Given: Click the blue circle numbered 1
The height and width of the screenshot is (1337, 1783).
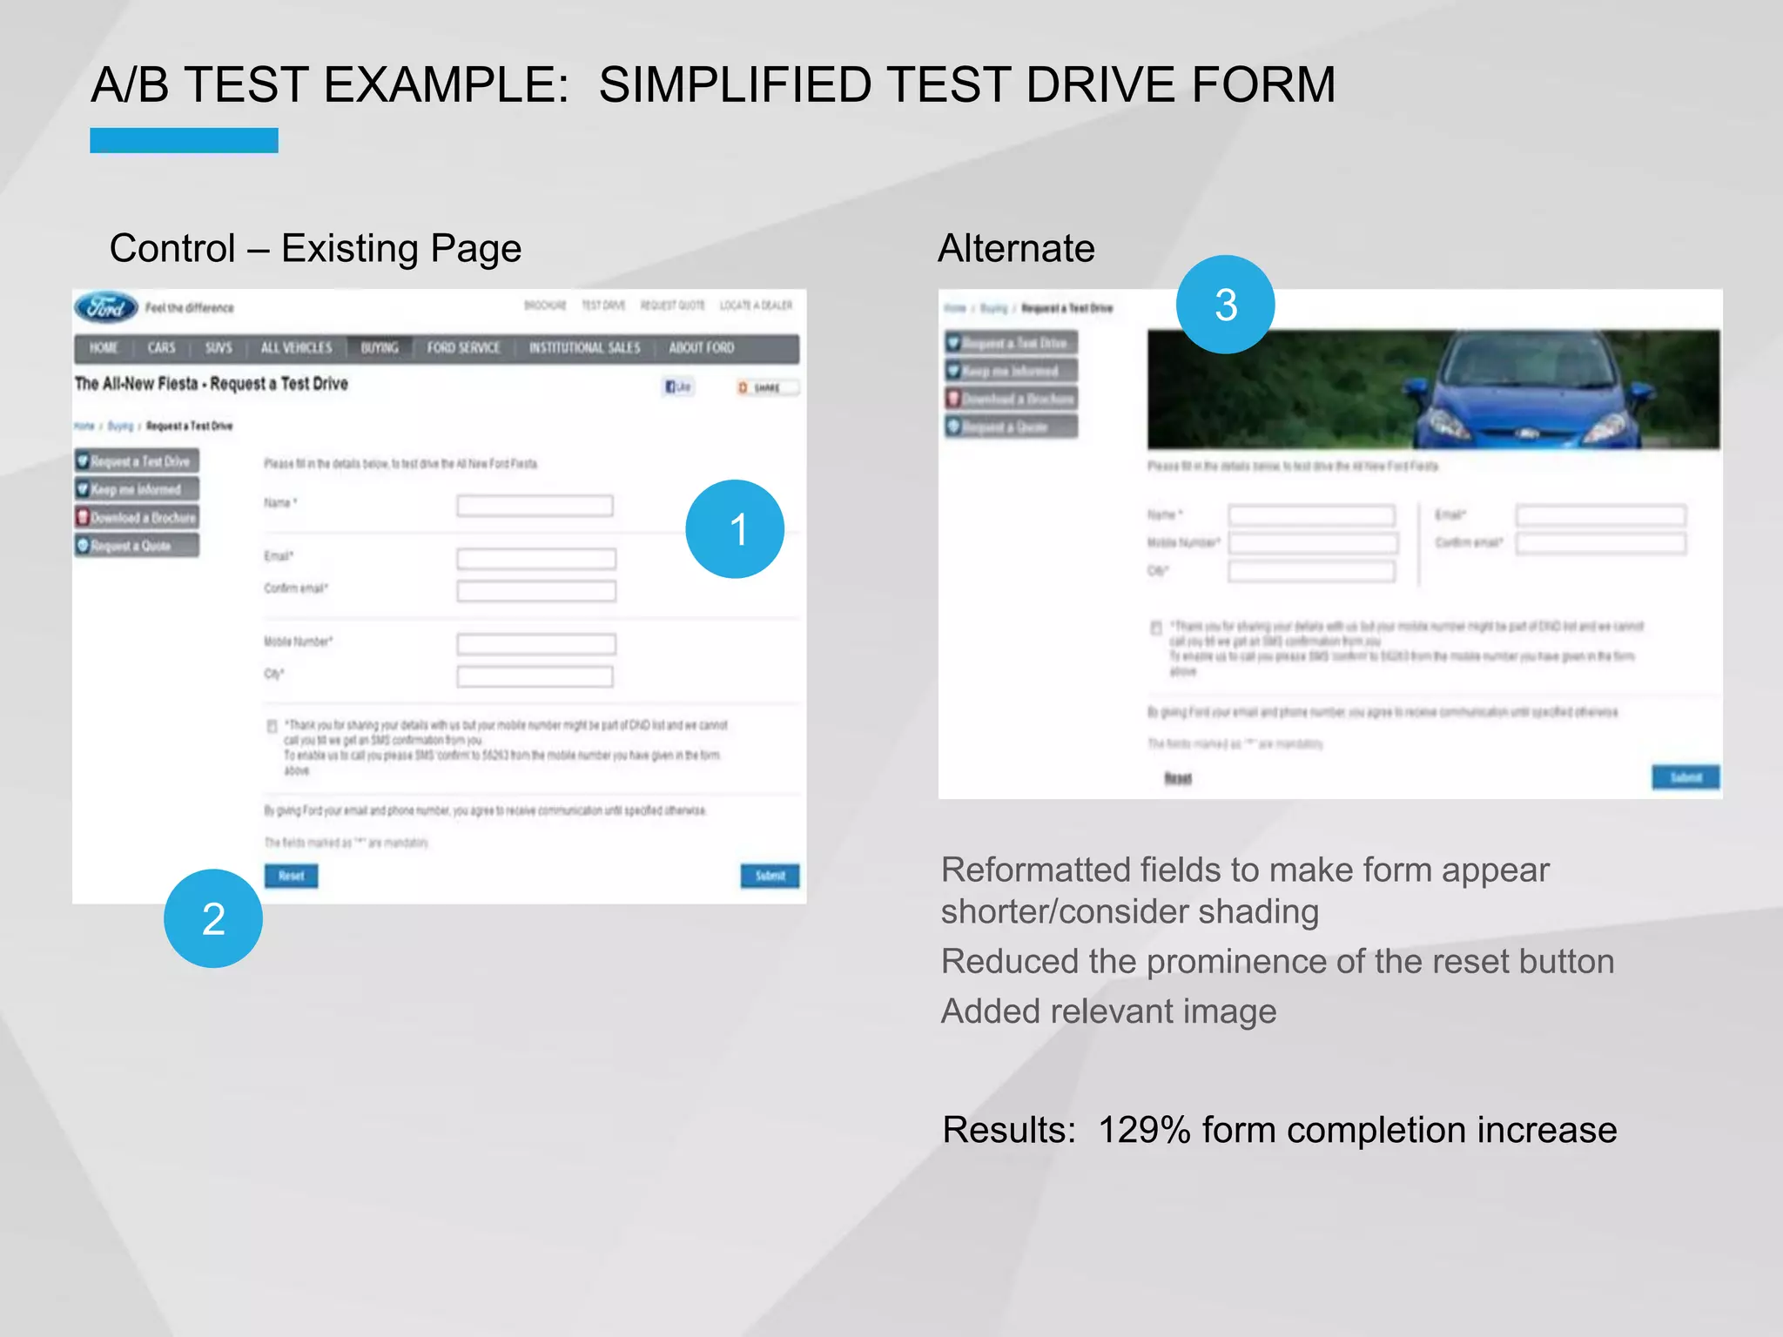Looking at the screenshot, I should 735,529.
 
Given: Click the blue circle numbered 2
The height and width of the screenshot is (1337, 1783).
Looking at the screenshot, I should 213,918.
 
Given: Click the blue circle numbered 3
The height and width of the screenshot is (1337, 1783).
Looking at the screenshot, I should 1225,305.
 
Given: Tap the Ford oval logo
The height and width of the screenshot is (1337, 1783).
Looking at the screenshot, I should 106,307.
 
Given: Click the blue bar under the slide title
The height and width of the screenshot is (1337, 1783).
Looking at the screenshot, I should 184,141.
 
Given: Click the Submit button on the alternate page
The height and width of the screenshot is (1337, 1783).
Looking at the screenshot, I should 1685,777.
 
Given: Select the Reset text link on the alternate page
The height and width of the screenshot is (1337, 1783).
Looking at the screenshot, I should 1178,778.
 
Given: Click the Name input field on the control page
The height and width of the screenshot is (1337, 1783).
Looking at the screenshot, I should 535,506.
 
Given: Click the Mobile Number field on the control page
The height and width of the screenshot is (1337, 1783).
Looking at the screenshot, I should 536,644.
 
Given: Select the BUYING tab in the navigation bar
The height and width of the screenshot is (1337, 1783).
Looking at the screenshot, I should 380,348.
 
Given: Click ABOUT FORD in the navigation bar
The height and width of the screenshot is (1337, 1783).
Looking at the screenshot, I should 702,348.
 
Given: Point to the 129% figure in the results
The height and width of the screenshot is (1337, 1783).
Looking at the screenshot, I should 1144,1130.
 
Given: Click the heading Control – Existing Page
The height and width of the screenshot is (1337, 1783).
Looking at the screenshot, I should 315,249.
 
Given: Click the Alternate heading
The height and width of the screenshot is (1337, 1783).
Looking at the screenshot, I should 1016,249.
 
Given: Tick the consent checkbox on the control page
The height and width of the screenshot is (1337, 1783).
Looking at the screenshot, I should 272,726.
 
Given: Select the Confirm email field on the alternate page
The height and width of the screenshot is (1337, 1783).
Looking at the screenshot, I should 1600,544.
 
